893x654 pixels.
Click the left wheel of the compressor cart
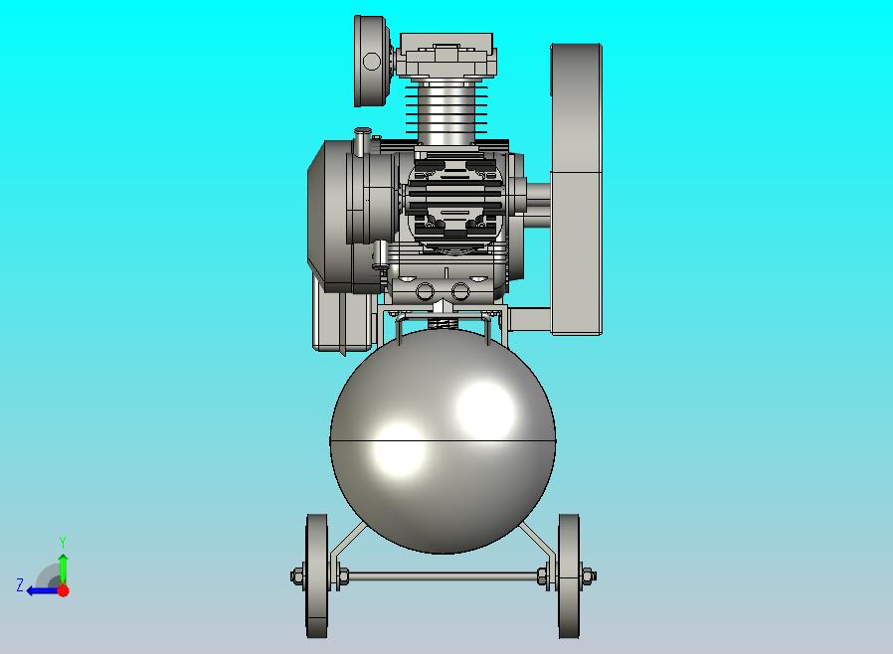(x=316, y=576)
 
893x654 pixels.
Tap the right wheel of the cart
(x=569, y=576)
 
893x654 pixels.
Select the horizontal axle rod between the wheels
(x=444, y=576)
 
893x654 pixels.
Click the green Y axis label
(x=63, y=542)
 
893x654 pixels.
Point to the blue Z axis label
(x=20, y=585)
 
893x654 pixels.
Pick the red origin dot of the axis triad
(x=64, y=590)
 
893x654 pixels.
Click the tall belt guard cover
(x=577, y=189)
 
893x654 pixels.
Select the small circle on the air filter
(x=371, y=61)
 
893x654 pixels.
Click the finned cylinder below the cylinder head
(x=447, y=112)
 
